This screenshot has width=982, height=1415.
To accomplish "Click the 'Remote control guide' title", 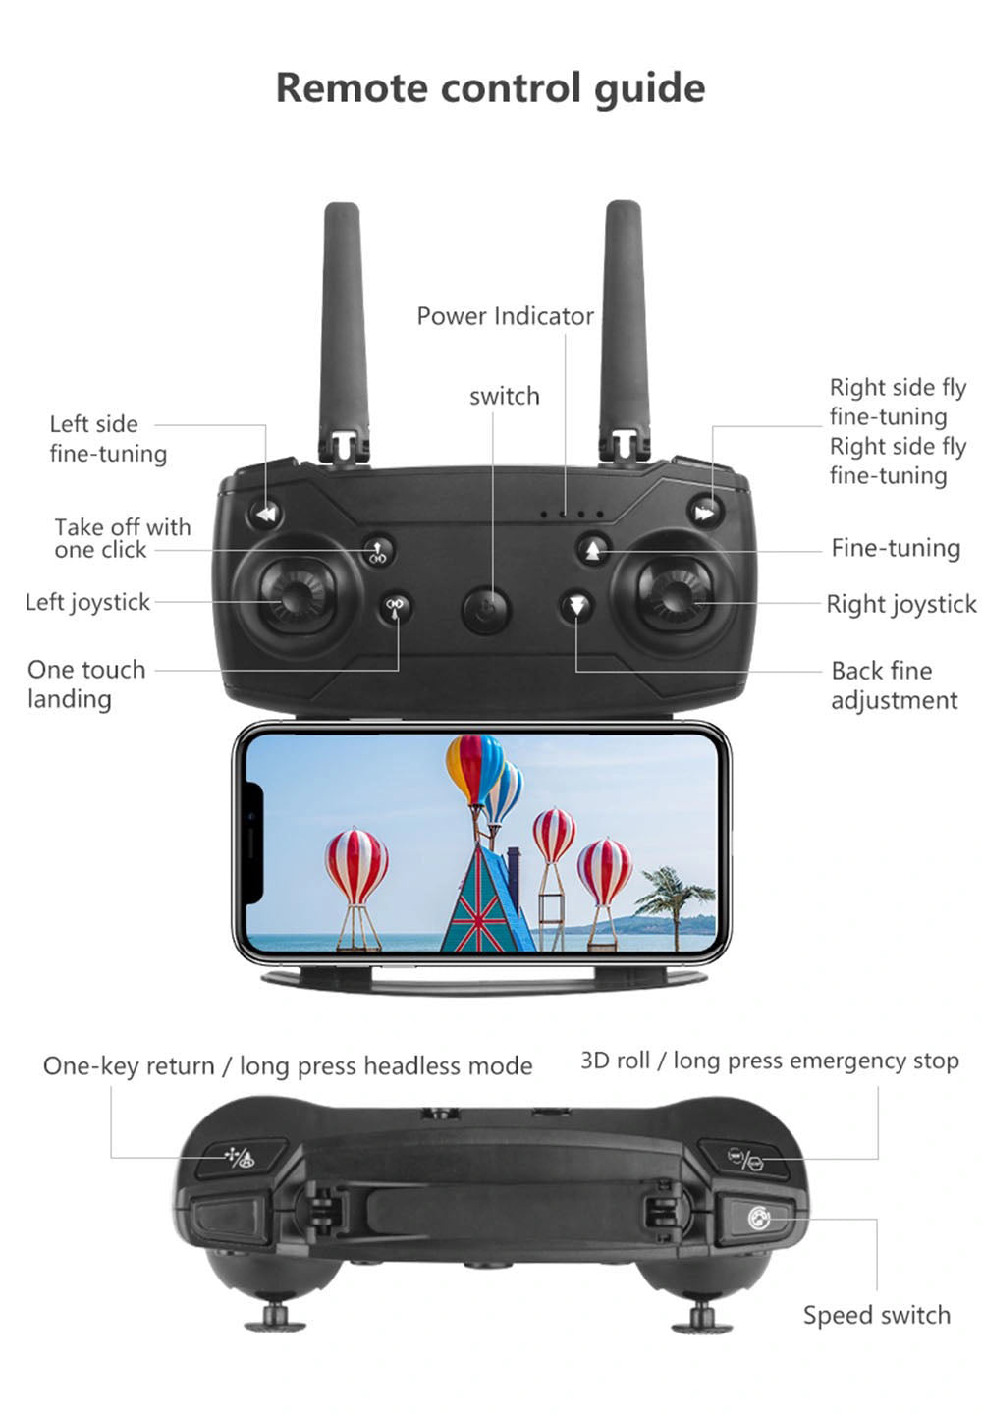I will pyautogui.click(x=490, y=87).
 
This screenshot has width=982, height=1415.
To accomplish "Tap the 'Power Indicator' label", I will pyautogui.click(x=505, y=316).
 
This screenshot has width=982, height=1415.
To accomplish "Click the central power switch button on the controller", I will pyautogui.click(x=486, y=610).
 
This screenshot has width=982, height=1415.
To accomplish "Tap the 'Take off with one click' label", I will pyautogui.click(x=122, y=538).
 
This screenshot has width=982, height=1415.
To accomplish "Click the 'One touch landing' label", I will pyautogui.click(x=86, y=683).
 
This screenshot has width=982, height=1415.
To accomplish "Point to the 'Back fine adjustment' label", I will pyautogui.click(x=894, y=685).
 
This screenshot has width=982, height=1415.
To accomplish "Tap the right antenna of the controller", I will pyautogui.click(x=626, y=314).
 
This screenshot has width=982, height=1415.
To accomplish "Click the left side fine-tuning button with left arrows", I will pyautogui.click(x=264, y=514).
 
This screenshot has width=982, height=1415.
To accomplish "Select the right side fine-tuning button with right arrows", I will pyautogui.click(x=704, y=513).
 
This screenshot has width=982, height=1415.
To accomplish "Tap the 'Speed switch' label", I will pyautogui.click(x=876, y=1315).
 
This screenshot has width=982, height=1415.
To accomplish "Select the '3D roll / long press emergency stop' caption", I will pyautogui.click(x=769, y=1061).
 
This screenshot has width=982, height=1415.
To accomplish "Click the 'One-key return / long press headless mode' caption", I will pyautogui.click(x=288, y=1066).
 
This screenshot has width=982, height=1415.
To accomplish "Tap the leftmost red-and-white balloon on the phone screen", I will pyautogui.click(x=355, y=868).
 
